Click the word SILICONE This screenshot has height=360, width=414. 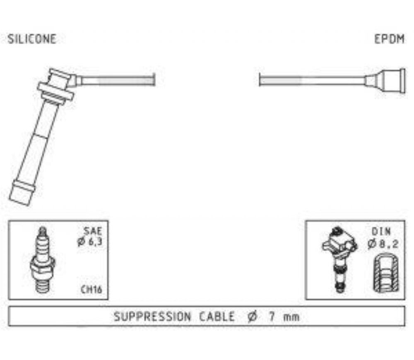click(x=32, y=39)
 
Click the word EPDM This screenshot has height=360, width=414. click(x=389, y=39)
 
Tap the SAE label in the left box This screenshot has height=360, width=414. click(x=93, y=231)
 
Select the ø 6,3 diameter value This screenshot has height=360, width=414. click(x=90, y=242)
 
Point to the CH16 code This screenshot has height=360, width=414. click(x=91, y=289)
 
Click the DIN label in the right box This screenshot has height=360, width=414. click(x=381, y=232)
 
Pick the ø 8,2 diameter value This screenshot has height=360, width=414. click(x=383, y=244)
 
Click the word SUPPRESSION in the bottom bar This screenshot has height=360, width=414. click(x=152, y=317)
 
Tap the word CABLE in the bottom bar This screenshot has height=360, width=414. click(x=217, y=317)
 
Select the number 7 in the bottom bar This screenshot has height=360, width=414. click(x=272, y=317)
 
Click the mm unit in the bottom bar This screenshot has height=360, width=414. click(x=291, y=317)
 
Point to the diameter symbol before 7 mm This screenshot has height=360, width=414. click(x=252, y=317)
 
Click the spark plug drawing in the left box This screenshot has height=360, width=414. click(x=42, y=260)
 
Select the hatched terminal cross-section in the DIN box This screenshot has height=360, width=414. click(x=386, y=273)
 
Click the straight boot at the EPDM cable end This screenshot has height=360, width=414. click(x=385, y=81)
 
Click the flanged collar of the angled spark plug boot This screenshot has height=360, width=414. click(x=55, y=91)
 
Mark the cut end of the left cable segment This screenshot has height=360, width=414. click(x=154, y=80)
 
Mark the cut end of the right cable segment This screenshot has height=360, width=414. click(x=260, y=80)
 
